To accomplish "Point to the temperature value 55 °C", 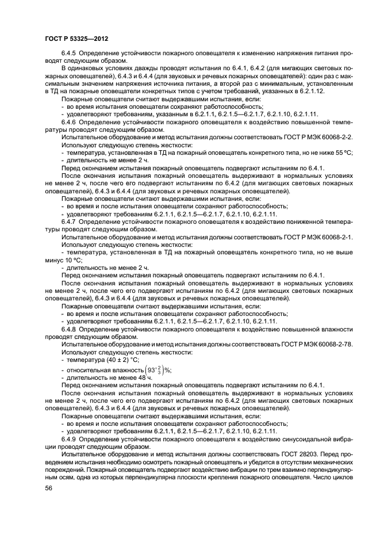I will pyautogui.click(x=345, y=152).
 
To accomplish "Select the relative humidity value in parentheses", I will pyautogui.click(x=155, y=370).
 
